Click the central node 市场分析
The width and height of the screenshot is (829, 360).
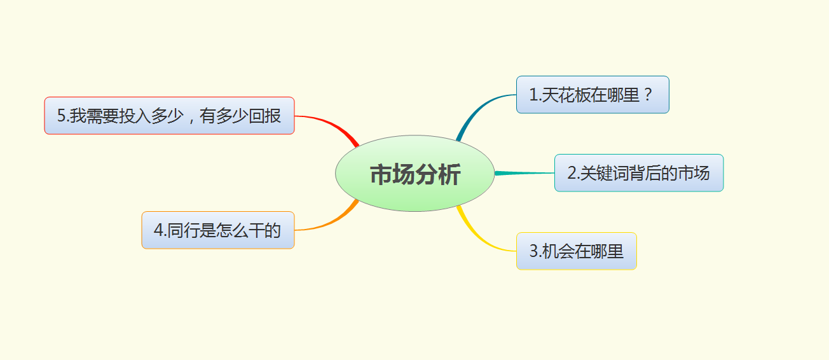pos(415,174)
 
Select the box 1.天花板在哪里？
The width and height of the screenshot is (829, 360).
pos(592,95)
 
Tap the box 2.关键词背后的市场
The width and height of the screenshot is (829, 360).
pos(638,173)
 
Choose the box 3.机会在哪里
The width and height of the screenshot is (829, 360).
pos(576,251)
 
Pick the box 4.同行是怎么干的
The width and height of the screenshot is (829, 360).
pos(217,230)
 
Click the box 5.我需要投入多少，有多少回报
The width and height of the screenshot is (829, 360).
pos(169,116)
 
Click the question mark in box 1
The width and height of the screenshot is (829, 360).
pos(648,95)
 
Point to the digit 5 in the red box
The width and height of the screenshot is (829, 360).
pos(62,116)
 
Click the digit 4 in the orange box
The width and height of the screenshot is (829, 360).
pos(158,230)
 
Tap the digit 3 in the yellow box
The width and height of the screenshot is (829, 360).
pos(534,251)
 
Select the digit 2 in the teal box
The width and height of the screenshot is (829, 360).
pos(572,173)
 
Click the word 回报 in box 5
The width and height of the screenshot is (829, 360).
pos(265,116)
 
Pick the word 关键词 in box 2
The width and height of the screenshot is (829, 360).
pos(603,173)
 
